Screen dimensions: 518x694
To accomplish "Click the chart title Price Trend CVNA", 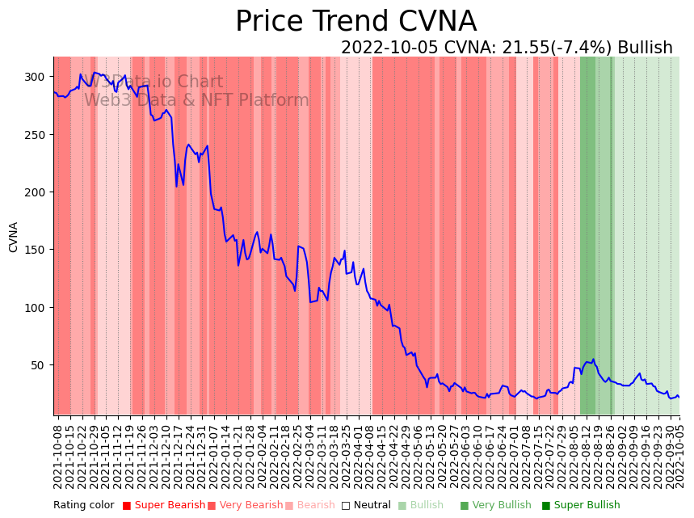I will pos(355,22).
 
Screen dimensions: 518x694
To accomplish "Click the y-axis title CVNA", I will pos(14,237).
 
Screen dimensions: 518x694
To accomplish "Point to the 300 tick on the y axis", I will pos(34,77).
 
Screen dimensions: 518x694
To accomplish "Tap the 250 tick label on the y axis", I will pos(34,134).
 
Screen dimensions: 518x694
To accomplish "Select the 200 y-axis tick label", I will pos(34,192).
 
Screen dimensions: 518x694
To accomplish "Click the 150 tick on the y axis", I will pos(34,250).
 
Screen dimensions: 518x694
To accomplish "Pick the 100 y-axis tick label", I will pos(34,308).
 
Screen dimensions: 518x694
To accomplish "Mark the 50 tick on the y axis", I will pos(37,365).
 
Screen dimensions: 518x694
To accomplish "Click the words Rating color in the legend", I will pos(84,506).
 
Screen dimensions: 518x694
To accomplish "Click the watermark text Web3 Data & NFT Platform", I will pos(196,100).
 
